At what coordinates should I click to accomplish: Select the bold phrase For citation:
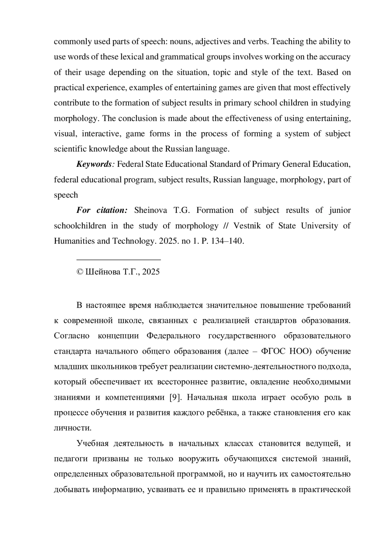point(102,211)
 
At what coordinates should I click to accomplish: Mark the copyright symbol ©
point(80,272)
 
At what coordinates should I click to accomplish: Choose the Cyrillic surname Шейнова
point(103,272)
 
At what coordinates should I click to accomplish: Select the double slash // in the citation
point(226,226)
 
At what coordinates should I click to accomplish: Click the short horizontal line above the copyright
point(119,259)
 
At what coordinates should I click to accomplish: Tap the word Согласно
point(72,336)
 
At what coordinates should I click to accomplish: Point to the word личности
point(72,428)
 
